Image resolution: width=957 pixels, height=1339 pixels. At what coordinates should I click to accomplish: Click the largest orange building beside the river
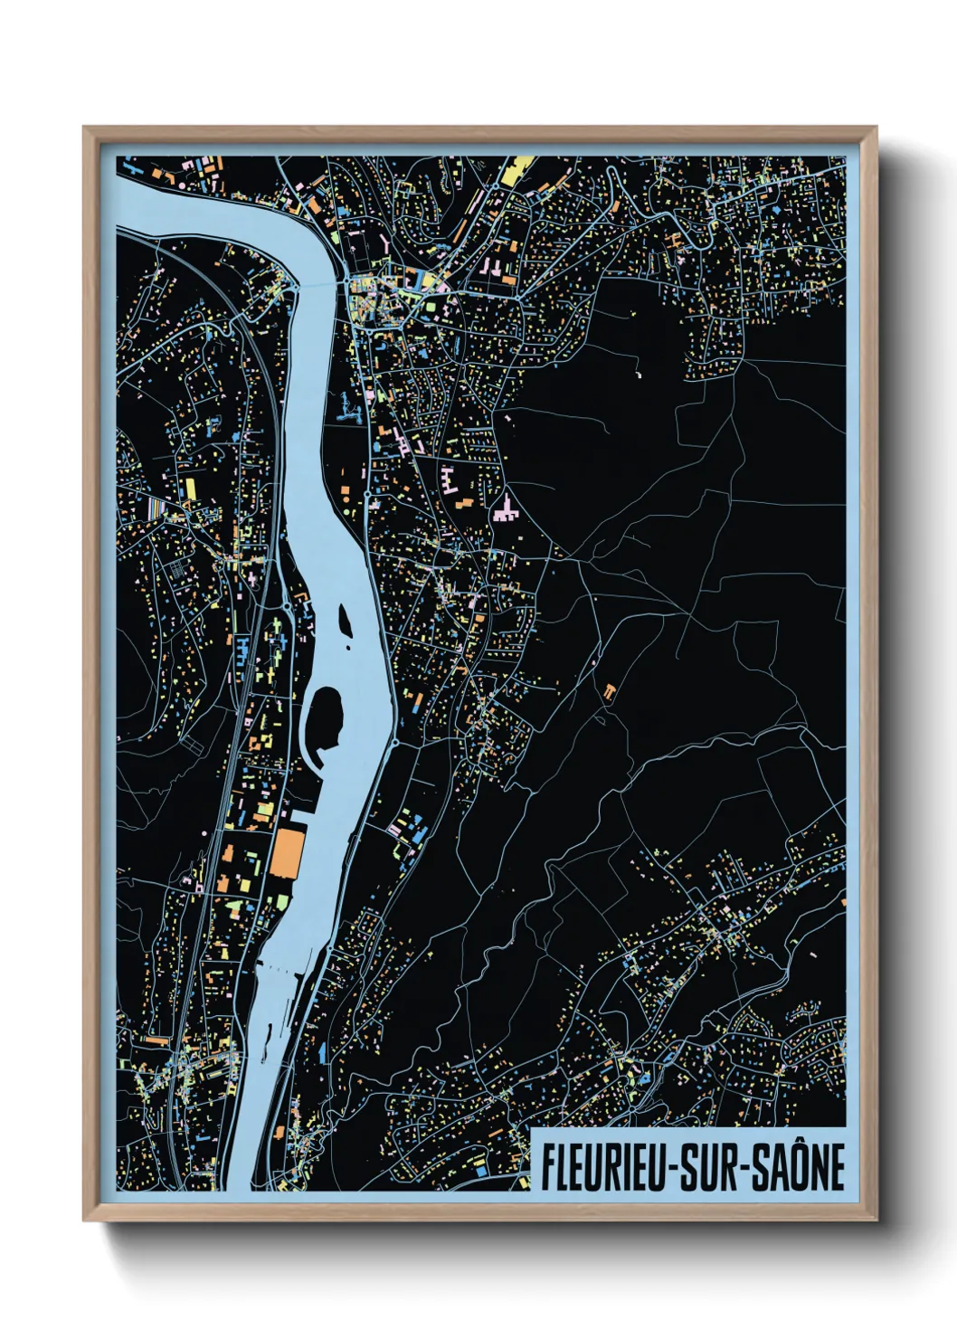click(x=288, y=852)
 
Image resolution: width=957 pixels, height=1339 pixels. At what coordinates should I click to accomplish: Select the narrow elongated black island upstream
click(x=345, y=618)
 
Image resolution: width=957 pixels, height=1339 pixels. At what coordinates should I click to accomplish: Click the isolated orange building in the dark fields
click(x=610, y=692)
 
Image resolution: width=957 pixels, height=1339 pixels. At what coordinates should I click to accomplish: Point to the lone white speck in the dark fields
click(x=638, y=372)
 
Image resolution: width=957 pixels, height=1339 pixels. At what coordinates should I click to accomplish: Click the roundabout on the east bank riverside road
click(x=395, y=743)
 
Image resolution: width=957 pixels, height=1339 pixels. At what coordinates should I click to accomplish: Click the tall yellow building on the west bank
click(x=190, y=489)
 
